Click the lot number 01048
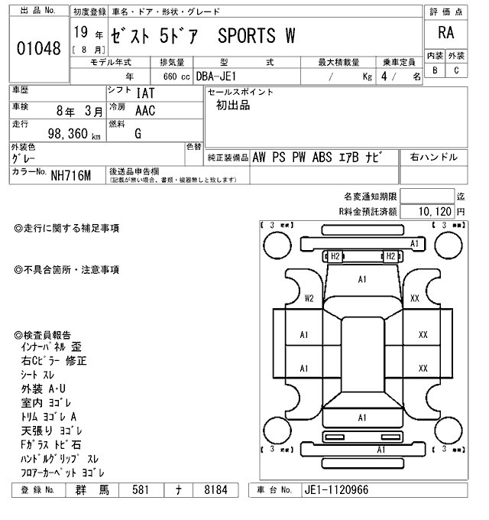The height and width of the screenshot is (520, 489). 37,48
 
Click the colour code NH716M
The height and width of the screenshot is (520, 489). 71,176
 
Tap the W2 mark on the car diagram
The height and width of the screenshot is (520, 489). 309,298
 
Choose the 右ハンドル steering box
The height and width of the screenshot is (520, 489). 434,157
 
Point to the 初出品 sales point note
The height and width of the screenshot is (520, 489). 232,106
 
